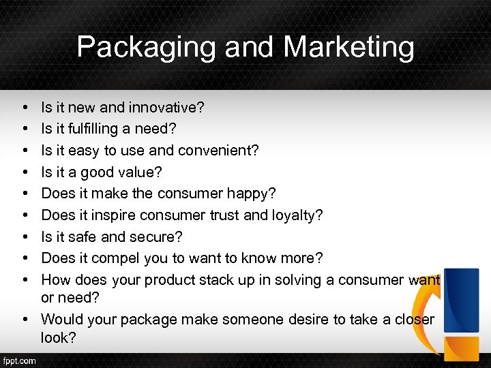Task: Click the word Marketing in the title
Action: (x=348, y=47)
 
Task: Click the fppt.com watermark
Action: (x=20, y=361)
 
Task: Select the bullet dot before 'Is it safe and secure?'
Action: (x=24, y=237)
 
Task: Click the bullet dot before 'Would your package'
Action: (x=24, y=320)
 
